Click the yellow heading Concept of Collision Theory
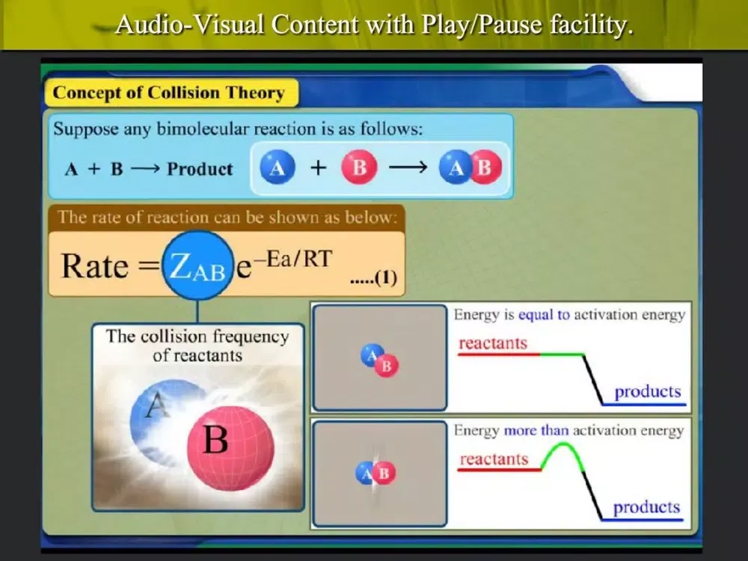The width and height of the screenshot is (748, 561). [168, 93]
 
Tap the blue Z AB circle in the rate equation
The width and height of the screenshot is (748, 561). [198, 266]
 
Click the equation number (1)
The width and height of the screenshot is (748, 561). [386, 278]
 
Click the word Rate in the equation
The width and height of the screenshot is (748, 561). [95, 266]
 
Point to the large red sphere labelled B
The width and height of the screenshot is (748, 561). [231, 447]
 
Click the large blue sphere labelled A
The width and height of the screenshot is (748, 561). [160, 420]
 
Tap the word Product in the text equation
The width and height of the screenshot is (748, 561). [200, 169]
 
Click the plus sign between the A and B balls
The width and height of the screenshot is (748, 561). [318, 168]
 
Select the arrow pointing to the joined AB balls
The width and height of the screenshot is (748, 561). [408, 168]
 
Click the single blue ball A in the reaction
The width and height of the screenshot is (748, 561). [278, 168]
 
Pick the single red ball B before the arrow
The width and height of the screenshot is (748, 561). [359, 168]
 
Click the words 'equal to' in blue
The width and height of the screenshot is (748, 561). [544, 315]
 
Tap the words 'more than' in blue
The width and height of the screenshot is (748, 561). [536, 430]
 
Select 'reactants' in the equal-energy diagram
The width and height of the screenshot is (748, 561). [493, 343]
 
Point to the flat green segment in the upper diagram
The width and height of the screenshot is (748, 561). [562, 355]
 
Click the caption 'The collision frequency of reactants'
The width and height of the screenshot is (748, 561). [197, 346]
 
